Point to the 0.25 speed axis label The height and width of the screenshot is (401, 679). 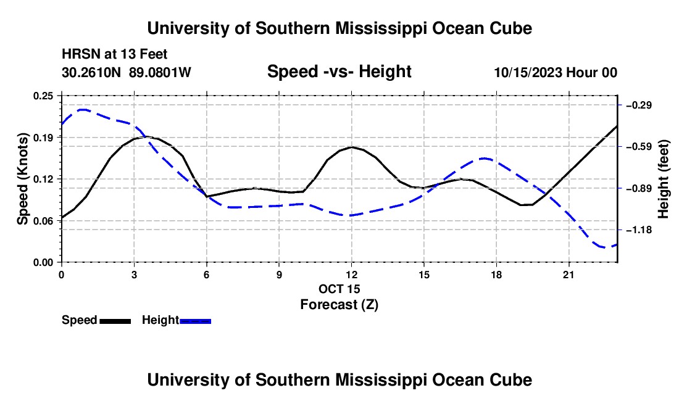[43, 96]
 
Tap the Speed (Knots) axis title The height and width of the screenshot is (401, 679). [22, 179]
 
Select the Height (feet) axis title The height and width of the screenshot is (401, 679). [664, 179]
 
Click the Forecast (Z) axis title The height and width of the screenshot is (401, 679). [339, 305]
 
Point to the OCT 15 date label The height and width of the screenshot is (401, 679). [339, 289]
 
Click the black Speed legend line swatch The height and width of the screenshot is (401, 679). [115, 321]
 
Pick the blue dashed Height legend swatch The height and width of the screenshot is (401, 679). [195, 321]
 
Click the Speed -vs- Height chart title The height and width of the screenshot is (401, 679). [339, 72]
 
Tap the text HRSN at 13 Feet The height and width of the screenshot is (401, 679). [114, 54]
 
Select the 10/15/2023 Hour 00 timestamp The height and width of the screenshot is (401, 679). [556, 72]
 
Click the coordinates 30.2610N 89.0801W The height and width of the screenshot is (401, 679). [126, 72]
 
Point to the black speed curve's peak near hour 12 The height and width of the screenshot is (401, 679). [352, 147]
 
